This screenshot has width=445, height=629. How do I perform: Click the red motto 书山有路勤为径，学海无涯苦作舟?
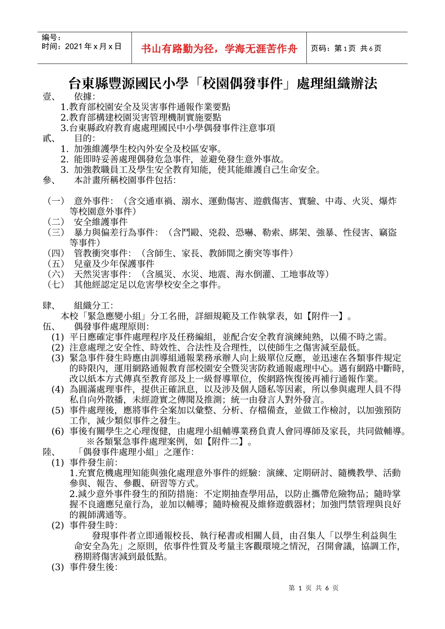click(219, 49)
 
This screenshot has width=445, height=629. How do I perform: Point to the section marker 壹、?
click(50, 96)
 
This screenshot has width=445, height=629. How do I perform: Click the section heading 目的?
click(84, 138)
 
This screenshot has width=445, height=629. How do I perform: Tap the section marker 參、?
click(50, 180)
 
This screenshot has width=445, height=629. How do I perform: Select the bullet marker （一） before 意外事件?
click(56, 201)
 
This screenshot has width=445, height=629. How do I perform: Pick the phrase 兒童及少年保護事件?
click(114, 263)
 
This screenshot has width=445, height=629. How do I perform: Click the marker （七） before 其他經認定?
click(56, 285)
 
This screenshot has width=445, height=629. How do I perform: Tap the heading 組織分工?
click(93, 306)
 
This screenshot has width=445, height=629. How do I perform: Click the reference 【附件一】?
click(324, 316)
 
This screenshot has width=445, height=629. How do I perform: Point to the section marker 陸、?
click(50, 452)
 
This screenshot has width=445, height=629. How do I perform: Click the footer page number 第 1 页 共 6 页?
click(314, 588)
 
